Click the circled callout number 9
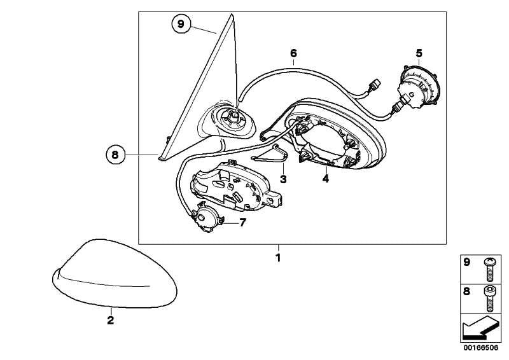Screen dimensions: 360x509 [181, 24]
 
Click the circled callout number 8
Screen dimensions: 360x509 [115, 153]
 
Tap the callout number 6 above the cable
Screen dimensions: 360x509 [293, 53]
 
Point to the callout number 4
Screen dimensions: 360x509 [325, 179]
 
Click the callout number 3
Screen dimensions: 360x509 [283, 179]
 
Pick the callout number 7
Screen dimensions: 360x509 [242, 223]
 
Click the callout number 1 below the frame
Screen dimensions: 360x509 [277, 258]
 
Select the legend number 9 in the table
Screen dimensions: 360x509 [466, 262]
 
